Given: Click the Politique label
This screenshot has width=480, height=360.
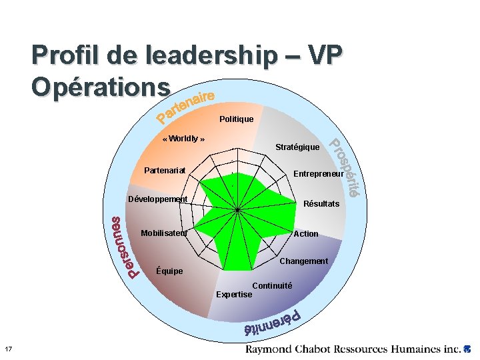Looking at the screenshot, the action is [x=236, y=119].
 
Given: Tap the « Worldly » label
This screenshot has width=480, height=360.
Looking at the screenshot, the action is [x=183, y=139].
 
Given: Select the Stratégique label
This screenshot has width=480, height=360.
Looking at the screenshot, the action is [x=297, y=147].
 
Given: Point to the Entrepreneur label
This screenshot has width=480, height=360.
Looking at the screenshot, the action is [x=319, y=175].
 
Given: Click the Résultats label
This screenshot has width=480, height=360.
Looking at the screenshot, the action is [x=321, y=203].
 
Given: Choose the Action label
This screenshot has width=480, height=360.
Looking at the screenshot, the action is [x=306, y=234].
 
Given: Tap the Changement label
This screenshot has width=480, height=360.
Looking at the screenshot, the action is [x=303, y=261].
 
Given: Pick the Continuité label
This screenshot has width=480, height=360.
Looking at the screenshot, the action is [x=272, y=285].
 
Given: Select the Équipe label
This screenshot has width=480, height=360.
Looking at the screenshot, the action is [x=168, y=271].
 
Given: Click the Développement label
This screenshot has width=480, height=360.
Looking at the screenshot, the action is [x=157, y=199].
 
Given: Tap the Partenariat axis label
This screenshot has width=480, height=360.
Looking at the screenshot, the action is [x=165, y=171].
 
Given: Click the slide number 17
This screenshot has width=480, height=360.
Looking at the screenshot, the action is [x=7, y=349].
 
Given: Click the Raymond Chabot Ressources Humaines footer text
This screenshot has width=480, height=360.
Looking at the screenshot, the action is [x=353, y=349].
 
